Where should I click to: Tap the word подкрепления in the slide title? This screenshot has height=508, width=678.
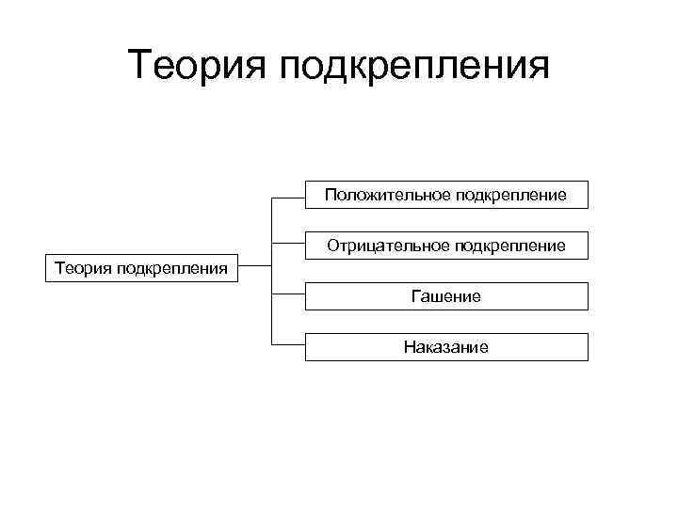point(414,68)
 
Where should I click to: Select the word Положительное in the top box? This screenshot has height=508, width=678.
point(388,195)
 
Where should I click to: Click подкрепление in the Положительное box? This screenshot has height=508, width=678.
point(511,195)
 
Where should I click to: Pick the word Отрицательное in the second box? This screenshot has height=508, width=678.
point(389,246)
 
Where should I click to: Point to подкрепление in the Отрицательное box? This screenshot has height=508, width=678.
point(511,246)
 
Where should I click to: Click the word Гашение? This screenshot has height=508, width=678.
point(446,296)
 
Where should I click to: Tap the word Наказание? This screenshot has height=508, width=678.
point(446,347)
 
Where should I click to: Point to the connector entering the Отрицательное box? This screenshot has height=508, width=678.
point(288,246)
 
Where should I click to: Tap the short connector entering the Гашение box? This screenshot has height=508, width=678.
point(288,296)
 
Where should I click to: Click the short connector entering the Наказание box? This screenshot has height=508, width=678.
point(288,347)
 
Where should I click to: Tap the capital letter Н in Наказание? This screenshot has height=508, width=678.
point(410,347)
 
